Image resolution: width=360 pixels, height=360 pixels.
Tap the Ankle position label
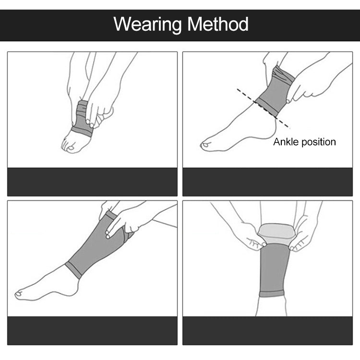pos(304,142)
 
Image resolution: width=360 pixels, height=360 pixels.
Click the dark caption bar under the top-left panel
pos(92,181)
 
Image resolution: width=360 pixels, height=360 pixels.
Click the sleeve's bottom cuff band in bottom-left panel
pos(73,270)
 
